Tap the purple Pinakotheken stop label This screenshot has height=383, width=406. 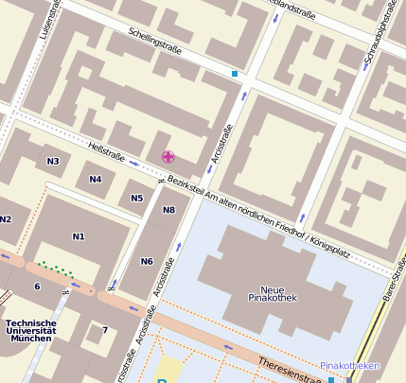[349, 365]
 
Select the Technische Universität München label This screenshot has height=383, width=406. [30, 330]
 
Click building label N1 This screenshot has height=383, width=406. [78, 235]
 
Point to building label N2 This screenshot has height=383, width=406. [6, 219]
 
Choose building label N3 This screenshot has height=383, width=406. [53, 161]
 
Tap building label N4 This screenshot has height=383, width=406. [95, 179]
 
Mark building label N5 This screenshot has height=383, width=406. [137, 198]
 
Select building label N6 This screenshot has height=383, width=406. [147, 261]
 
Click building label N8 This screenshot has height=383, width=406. [168, 210]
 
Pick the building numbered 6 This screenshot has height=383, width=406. [37, 287]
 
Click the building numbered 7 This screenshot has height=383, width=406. [105, 330]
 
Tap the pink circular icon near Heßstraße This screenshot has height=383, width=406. [168, 157]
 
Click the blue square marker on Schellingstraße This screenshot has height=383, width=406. [235, 73]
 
